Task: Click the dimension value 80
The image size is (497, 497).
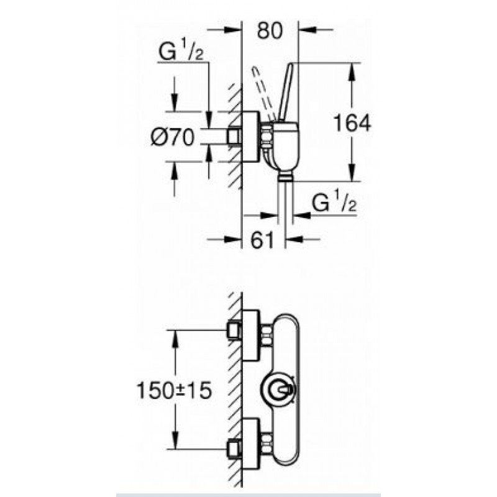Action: point(270,30)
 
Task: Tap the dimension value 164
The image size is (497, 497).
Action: point(352,123)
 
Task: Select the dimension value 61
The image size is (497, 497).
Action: point(262,240)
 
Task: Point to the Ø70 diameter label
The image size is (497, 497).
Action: point(173,137)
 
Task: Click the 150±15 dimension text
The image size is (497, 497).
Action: point(174,390)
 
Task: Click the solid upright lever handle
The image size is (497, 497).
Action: point(285,92)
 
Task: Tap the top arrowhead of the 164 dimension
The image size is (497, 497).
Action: point(352,72)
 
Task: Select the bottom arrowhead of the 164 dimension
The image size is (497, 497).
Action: point(352,173)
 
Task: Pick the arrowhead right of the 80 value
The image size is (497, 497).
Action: point(308,30)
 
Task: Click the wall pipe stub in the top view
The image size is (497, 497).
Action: point(235,137)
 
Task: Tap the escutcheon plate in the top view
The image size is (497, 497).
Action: point(251,137)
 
